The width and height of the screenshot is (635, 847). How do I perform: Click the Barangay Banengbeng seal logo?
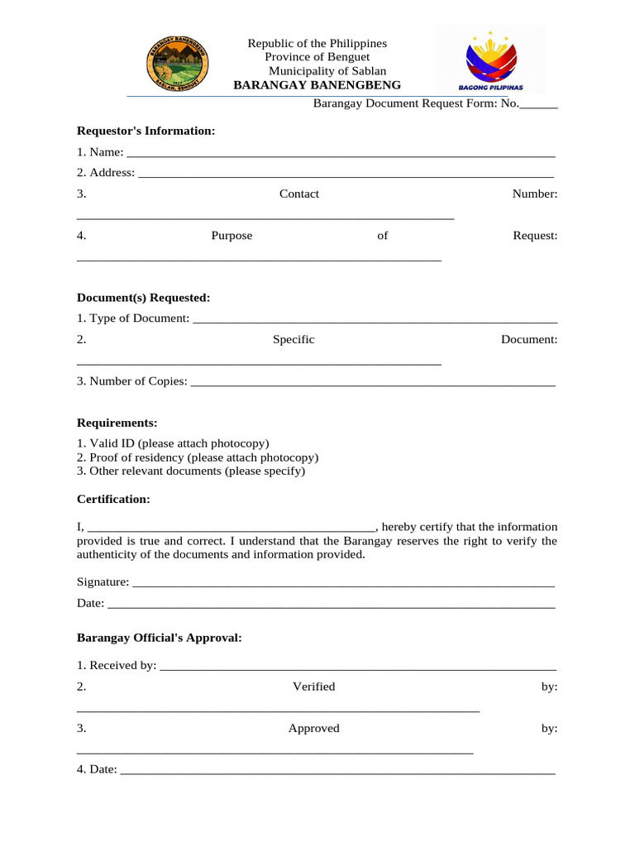click(x=177, y=64)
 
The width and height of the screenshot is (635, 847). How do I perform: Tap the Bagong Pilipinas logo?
click(x=490, y=61)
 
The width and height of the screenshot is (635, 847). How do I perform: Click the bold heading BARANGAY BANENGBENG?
click(x=317, y=85)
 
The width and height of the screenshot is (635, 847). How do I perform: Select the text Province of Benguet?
click(x=317, y=57)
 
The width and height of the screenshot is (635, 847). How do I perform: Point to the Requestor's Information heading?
click(x=146, y=131)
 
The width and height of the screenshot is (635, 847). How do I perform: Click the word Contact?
click(x=298, y=194)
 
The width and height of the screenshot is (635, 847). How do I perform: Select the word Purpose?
click(x=232, y=236)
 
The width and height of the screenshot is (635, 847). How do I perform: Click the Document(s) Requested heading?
click(x=143, y=297)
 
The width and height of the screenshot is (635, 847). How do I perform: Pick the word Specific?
click(x=294, y=340)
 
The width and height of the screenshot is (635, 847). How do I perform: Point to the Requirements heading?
click(x=117, y=423)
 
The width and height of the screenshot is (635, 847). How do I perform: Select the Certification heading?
click(x=113, y=500)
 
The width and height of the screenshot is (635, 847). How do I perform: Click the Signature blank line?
click(x=343, y=584)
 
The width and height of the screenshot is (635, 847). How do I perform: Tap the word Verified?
click(x=313, y=687)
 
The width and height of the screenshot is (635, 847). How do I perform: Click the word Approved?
click(x=313, y=729)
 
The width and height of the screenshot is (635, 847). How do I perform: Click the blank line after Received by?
click(x=357, y=668)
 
